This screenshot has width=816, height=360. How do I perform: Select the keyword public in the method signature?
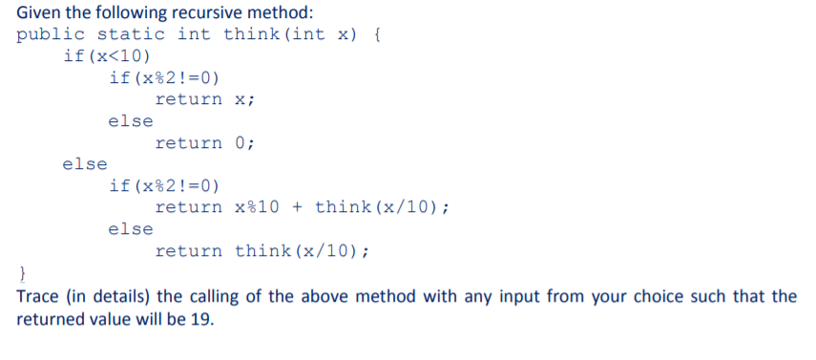coord(51,35)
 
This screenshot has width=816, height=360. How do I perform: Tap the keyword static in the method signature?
coord(131,34)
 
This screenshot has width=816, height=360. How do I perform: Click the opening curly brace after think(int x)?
coord(376,35)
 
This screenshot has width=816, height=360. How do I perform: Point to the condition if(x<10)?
coord(107,55)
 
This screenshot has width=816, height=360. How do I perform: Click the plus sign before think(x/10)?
coord(297,207)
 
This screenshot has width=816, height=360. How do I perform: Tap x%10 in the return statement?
coord(257,207)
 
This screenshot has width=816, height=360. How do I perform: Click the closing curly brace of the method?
coord(22,273)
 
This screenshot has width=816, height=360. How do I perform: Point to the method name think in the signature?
coord(252,34)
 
